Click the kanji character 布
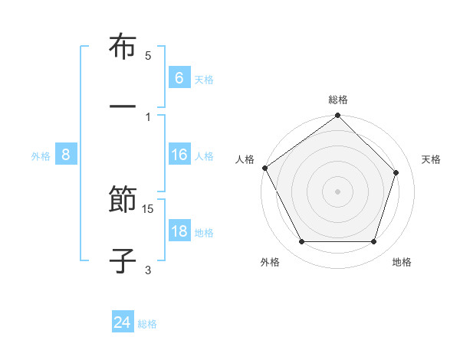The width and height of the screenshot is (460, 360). pyautogui.click(x=123, y=47)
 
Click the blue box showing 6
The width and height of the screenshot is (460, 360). pyautogui.click(x=179, y=77)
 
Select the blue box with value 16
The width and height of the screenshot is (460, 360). pyautogui.click(x=179, y=155)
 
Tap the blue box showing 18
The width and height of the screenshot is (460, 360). pyautogui.click(x=179, y=232)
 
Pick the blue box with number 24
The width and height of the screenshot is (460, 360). pyautogui.click(x=123, y=323)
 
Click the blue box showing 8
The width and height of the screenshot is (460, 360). pyautogui.click(x=66, y=155)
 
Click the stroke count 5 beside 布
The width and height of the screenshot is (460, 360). pyautogui.click(x=148, y=56)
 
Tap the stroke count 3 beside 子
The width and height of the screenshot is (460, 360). pyautogui.click(x=148, y=269)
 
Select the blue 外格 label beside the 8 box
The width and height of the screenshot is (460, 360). pyautogui.click(x=41, y=156)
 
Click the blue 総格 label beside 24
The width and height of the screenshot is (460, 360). pyautogui.click(x=147, y=324)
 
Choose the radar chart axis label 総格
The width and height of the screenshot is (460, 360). pyautogui.click(x=338, y=100)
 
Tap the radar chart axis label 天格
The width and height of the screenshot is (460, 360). pyautogui.click(x=432, y=159)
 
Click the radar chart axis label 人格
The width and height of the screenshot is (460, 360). pyautogui.click(x=245, y=159)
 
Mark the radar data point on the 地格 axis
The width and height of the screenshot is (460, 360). pyautogui.click(x=373, y=242)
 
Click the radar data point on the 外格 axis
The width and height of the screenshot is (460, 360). pyautogui.click(x=301, y=242)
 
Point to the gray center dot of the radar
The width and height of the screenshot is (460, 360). pyautogui.click(x=337, y=191)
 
